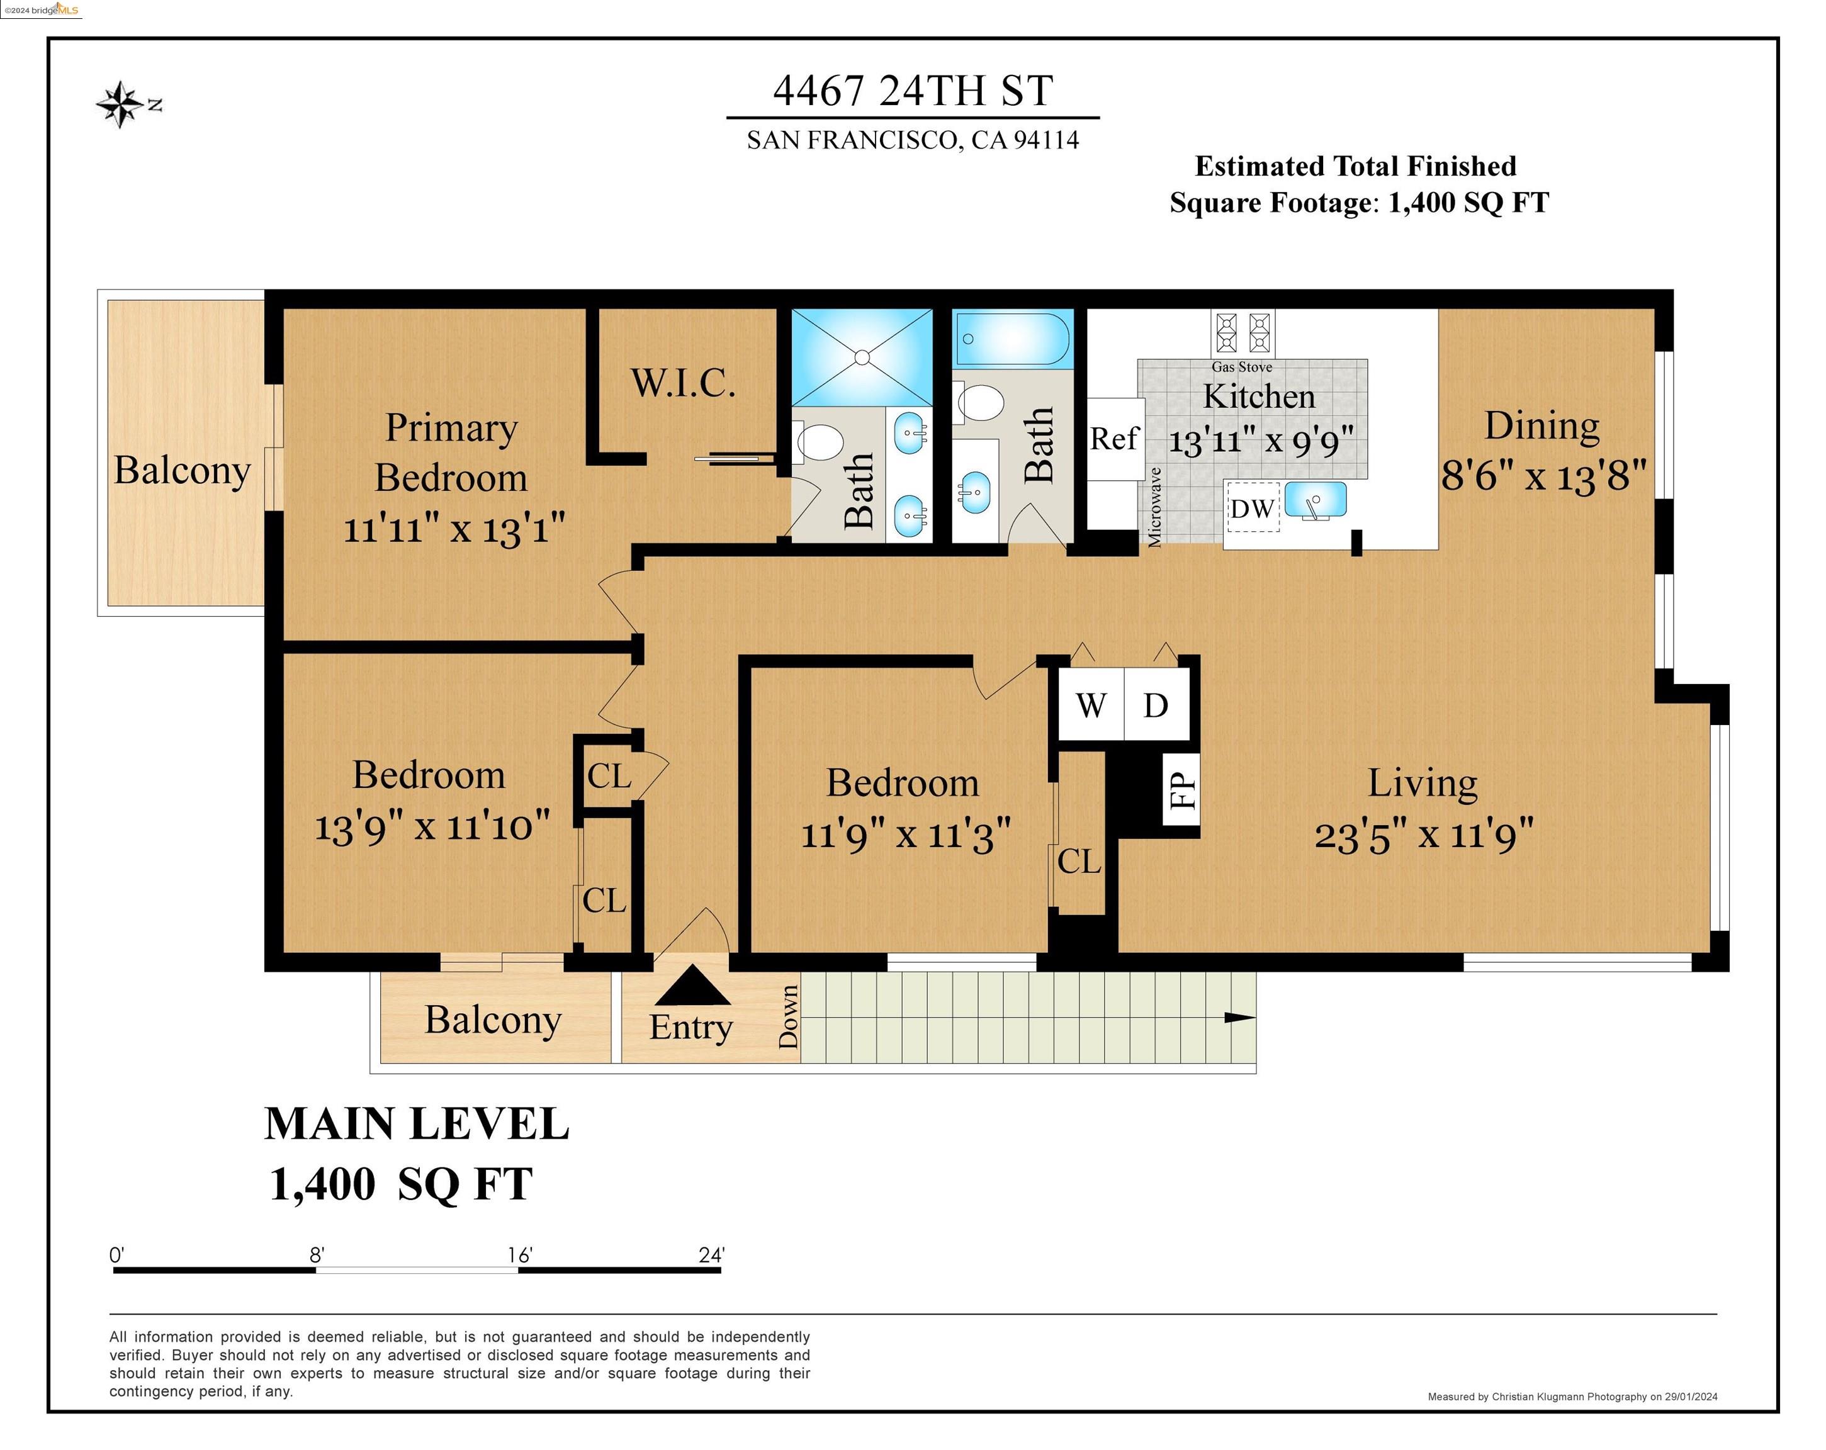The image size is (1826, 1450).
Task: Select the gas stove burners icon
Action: [1243, 332]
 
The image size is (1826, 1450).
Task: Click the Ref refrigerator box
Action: [1115, 439]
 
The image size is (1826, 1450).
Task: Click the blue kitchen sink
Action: [1316, 499]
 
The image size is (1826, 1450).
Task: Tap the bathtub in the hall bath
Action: [1013, 338]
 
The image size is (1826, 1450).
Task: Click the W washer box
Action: [1091, 705]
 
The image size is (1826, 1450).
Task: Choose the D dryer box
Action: [1156, 705]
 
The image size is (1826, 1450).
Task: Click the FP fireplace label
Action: [1182, 791]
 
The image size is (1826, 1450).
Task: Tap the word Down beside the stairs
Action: [789, 1016]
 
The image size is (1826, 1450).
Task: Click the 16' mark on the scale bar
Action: [519, 1254]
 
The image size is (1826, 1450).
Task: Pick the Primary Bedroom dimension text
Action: [454, 529]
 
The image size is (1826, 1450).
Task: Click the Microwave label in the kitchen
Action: [1154, 505]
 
